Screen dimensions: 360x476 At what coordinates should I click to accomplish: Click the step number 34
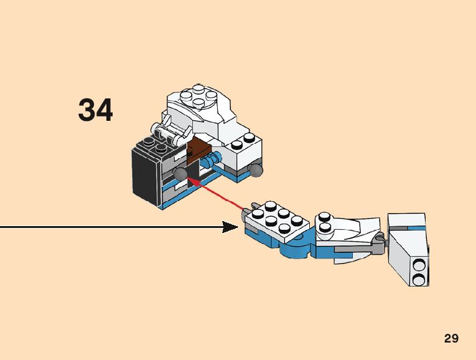click(x=95, y=111)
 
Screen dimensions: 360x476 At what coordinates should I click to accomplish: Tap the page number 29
click(x=451, y=339)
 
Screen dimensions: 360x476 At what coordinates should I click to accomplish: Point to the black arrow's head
click(x=231, y=227)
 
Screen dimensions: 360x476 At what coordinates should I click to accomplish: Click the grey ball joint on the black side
click(x=180, y=173)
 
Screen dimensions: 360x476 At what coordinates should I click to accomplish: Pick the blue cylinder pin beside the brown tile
click(x=215, y=158)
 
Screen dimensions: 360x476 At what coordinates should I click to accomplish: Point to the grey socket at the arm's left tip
click(x=245, y=215)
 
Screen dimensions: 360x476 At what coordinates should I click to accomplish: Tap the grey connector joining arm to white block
click(x=378, y=243)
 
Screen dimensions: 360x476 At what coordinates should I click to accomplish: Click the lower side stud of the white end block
click(x=418, y=278)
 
